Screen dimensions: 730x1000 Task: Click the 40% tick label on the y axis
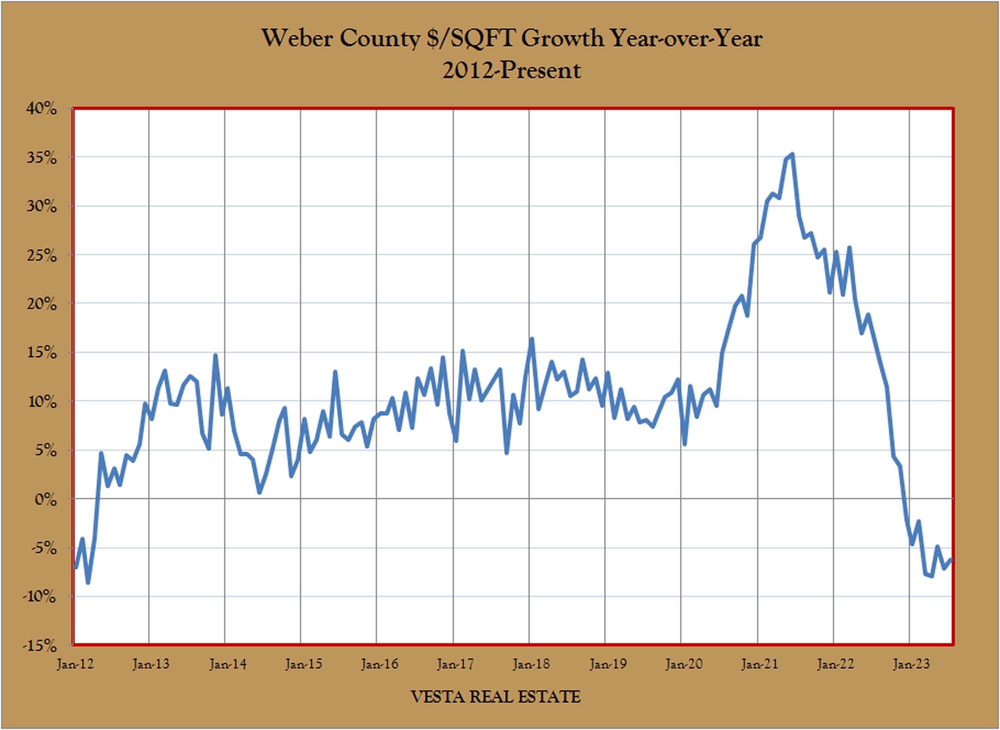42,108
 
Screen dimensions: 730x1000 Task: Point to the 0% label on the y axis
46,499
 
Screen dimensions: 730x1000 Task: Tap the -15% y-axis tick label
40,645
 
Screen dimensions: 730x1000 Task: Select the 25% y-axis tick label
42,255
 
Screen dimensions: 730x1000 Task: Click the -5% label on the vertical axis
44,548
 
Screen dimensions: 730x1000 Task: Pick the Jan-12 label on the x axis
75,664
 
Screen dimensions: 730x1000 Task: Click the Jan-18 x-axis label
531,664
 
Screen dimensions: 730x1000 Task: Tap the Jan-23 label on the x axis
911,664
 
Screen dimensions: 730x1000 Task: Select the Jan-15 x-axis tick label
303,664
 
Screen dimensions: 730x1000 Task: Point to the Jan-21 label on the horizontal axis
759,664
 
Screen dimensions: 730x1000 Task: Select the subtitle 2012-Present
511,70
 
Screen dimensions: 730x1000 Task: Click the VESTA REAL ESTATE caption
495,696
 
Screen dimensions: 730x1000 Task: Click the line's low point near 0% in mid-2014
259,493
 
